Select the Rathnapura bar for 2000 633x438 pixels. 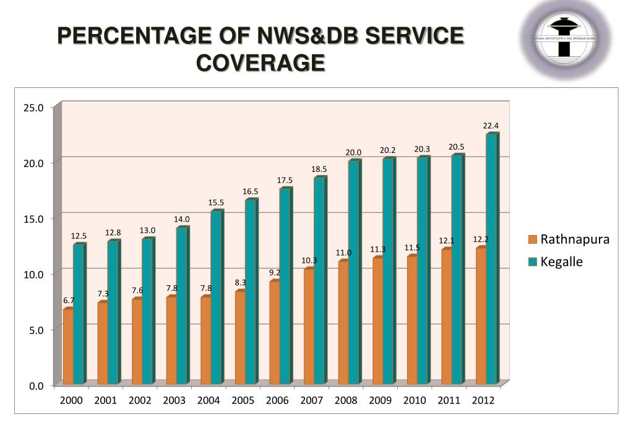(68, 346)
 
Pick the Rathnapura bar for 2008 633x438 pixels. (343, 322)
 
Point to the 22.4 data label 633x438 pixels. (491, 126)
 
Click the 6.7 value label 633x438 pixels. (69, 300)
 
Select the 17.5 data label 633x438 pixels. (285, 180)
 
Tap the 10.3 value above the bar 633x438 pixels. (309, 260)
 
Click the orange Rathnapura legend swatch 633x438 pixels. (532, 239)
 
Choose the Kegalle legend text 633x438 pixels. (562, 262)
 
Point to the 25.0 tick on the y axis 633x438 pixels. (33, 108)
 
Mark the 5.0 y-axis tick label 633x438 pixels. (36, 330)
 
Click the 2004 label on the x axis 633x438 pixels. (209, 400)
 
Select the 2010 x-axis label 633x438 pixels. (415, 400)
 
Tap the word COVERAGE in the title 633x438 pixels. (261, 62)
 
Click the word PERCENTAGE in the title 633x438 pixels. (128, 36)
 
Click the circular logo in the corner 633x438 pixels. (566, 38)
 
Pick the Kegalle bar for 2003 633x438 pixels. (182, 306)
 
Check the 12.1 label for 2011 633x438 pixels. (447, 240)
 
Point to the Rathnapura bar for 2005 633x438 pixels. (240, 337)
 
